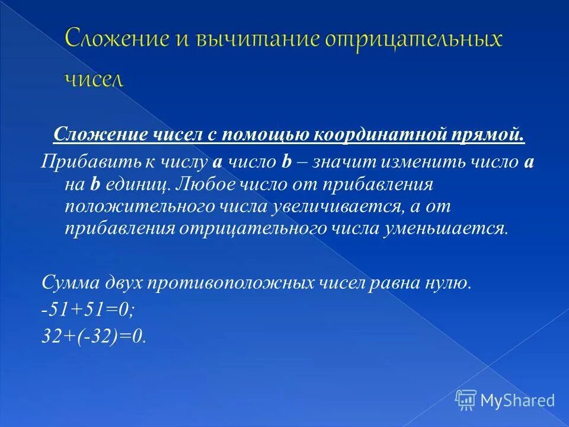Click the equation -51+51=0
[x=89, y=309]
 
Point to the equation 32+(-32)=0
[x=93, y=336]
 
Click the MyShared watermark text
[x=517, y=400]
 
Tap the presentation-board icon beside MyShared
[x=466, y=400]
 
